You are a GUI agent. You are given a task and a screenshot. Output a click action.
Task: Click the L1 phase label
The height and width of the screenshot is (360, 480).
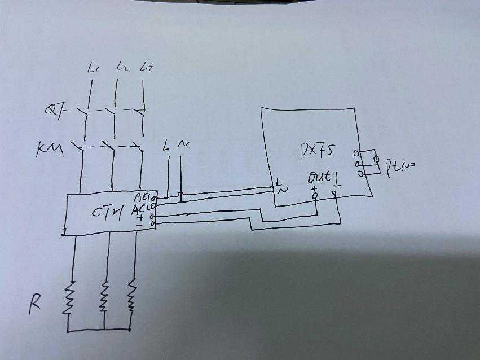(94, 69)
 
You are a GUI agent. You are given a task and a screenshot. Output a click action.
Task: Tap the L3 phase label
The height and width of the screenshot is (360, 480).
(148, 68)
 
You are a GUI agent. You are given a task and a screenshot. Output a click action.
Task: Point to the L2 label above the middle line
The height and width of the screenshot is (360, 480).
(120, 68)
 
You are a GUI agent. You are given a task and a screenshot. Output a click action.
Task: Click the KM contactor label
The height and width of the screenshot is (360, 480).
(50, 149)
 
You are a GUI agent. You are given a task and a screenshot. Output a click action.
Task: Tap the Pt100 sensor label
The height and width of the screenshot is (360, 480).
(400, 165)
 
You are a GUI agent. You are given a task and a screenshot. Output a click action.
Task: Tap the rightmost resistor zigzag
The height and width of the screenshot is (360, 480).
(132, 293)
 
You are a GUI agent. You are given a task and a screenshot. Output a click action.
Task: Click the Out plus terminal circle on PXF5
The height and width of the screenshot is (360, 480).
(315, 195)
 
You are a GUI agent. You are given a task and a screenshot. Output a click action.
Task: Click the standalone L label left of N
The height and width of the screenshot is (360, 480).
(166, 146)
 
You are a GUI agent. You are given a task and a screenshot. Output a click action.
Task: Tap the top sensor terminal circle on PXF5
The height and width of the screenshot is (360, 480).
(356, 153)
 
